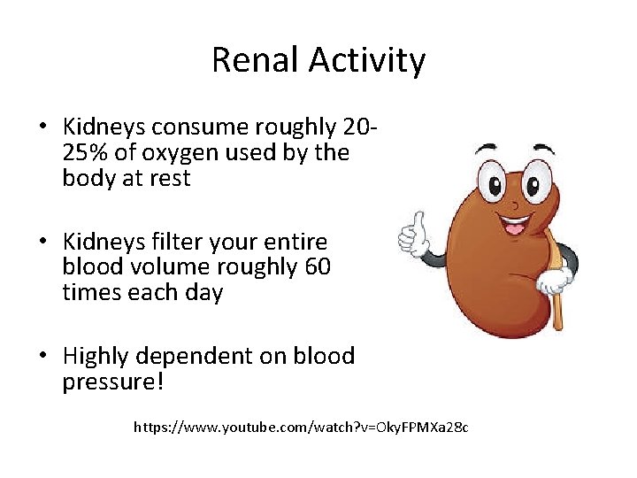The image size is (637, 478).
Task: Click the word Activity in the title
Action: pyautogui.click(x=366, y=61)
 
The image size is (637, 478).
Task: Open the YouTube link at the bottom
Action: pyautogui.click(x=301, y=428)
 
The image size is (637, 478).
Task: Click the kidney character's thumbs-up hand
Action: pyautogui.click(x=412, y=235)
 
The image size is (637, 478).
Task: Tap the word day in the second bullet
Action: pyautogui.click(x=204, y=292)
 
